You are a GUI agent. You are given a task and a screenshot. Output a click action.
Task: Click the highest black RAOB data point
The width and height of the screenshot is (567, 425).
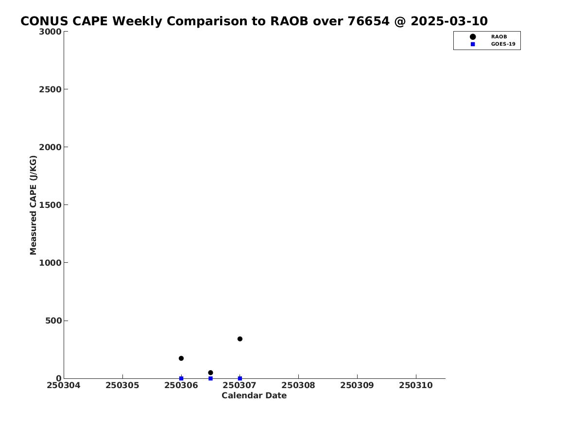point(240,339)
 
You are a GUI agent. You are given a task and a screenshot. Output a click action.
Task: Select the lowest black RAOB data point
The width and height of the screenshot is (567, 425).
point(210,373)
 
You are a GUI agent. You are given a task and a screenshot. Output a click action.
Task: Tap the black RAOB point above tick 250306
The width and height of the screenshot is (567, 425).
point(181,358)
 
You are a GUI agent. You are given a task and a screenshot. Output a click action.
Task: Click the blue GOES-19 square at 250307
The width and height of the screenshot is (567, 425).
point(240,378)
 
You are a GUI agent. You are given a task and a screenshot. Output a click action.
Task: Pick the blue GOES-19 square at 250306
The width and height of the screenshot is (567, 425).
point(181,378)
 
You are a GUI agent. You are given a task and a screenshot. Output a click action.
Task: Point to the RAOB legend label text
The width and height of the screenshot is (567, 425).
point(499,36)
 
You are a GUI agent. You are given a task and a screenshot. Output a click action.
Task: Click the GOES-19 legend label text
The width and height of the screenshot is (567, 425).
point(503,44)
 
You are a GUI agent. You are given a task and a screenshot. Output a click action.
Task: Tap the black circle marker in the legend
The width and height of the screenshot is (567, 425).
point(473,36)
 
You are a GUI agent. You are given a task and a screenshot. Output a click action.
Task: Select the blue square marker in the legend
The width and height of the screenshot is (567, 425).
point(473,44)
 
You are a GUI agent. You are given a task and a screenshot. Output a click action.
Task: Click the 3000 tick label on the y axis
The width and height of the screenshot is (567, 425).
point(50,32)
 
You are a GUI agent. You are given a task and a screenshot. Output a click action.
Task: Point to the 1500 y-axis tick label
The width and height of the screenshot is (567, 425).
point(50,205)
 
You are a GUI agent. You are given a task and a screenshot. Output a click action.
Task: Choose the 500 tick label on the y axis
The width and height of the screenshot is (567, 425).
point(53,321)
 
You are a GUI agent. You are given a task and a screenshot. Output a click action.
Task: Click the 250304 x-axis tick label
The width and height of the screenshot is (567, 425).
point(64,385)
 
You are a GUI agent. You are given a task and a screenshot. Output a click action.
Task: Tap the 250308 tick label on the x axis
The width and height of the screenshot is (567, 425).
point(298,385)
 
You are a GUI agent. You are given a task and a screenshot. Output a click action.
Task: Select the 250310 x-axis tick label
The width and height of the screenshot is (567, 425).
point(416,385)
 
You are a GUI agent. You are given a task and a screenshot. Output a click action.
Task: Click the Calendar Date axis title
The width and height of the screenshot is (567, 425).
point(254,395)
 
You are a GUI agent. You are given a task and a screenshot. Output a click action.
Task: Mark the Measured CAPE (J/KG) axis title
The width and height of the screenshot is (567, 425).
point(33,205)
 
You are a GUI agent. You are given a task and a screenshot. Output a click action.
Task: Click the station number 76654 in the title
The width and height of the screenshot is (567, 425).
point(368,21)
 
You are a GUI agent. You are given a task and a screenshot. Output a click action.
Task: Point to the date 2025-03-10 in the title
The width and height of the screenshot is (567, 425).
point(449,21)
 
